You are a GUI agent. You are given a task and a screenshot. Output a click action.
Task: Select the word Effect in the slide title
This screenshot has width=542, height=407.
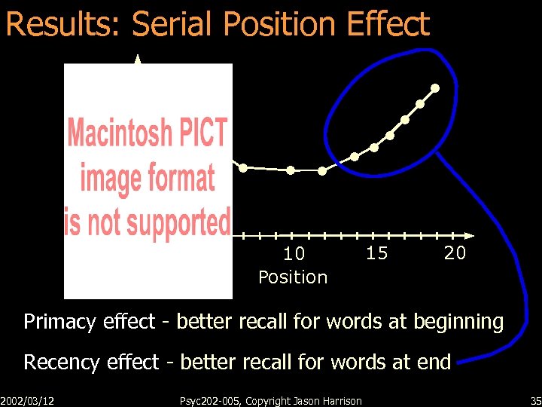[388, 24]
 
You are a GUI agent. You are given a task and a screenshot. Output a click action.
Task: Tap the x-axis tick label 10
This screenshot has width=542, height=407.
[294, 254]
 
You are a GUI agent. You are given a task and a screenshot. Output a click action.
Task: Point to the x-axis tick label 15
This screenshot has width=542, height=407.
[376, 253]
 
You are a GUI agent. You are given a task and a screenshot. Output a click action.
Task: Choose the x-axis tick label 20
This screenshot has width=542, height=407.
[455, 253]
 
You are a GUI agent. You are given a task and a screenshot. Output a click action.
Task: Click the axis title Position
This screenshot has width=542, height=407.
[293, 277]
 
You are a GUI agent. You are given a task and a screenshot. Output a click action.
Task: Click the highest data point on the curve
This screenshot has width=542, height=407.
[435, 88]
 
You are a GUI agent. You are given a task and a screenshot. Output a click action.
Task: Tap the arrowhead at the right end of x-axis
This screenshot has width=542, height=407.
[470, 235]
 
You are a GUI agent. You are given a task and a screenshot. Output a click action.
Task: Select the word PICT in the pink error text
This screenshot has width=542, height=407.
[202, 133]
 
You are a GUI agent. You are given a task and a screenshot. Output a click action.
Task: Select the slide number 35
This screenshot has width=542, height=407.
[535, 401]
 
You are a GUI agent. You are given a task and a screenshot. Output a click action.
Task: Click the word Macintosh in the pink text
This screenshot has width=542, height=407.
[120, 133]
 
